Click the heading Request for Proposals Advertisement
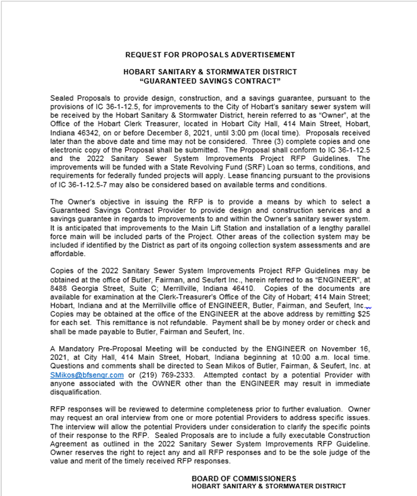tap(210, 55)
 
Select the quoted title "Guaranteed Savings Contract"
tap(210, 80)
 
